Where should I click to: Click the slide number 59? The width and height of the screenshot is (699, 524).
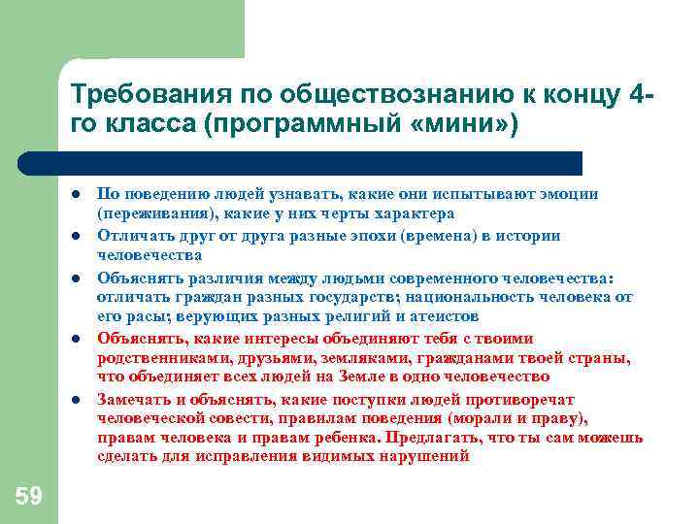point(29,497)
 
